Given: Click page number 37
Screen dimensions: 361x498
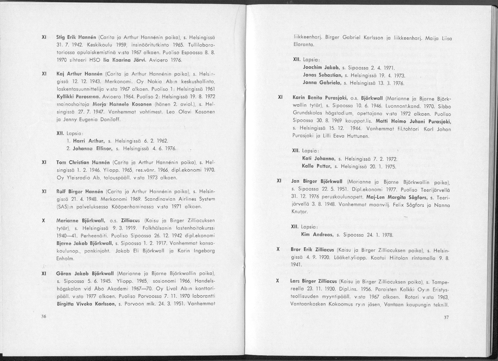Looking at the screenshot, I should point(446,318).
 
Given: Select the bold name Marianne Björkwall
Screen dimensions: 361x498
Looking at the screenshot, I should point(77,220).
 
